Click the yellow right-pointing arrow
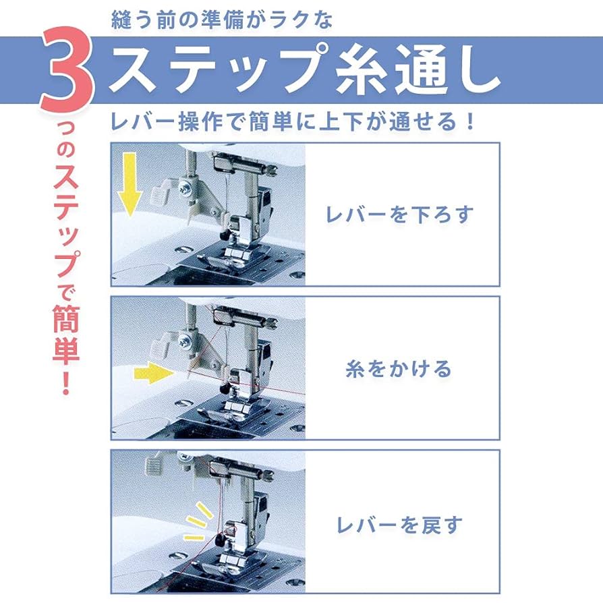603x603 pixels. (x=150, y=371)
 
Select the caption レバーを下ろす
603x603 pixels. (x=399, y=214)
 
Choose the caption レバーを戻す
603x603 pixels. (x=399, y=524)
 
